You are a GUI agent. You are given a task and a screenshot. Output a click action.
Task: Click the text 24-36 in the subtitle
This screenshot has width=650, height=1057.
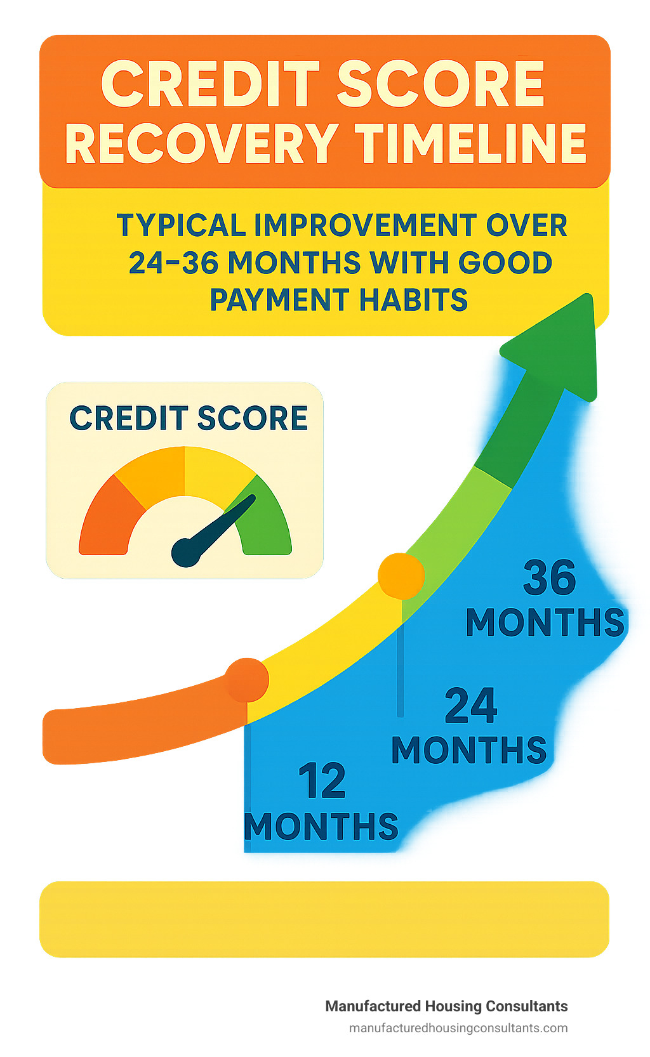tap(173, 263)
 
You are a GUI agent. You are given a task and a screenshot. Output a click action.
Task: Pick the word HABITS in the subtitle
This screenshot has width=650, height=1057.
tap(413, 299)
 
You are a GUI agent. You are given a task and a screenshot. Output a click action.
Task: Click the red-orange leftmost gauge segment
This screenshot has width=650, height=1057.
tap(110, 516)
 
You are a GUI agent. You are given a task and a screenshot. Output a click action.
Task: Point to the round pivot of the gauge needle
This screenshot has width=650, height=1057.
tap(187, 552)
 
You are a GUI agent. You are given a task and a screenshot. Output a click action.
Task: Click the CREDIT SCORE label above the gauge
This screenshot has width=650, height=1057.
tap(189, 418)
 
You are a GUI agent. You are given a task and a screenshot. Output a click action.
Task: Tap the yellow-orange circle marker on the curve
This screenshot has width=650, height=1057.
tap(401, 575)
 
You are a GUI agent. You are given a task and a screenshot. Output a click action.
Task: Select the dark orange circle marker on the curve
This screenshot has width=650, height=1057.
tap(247, 680)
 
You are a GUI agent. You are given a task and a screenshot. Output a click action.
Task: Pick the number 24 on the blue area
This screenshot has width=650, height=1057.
tap(470, 706)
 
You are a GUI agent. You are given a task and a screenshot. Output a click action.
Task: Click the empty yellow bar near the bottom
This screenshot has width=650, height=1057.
tap(324, 919)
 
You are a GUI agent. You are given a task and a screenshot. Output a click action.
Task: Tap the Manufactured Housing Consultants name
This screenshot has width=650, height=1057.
tap(446, 1006)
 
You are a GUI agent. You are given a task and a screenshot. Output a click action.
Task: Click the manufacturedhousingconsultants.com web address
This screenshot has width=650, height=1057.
tap(458, 1028)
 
